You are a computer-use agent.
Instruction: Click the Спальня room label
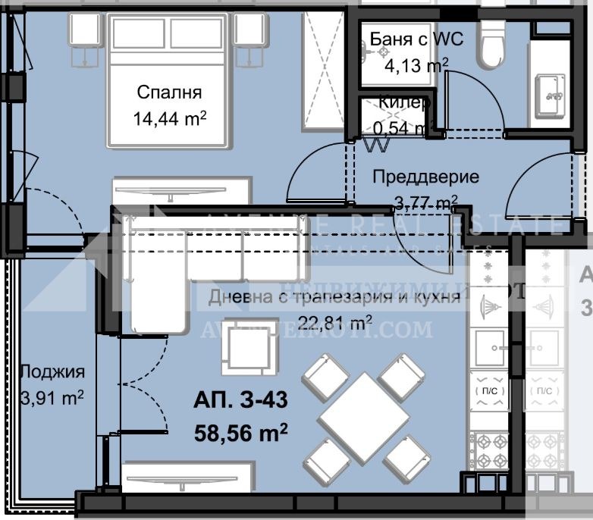tap(169, 92)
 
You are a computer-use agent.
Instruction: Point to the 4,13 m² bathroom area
tap(416, 66)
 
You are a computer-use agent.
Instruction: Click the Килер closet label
tap(406, 102)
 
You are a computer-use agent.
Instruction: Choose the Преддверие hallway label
tap(425, 177)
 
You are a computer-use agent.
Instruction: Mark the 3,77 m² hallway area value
tap(425, 202)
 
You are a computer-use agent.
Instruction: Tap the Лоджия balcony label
tap(52, 371)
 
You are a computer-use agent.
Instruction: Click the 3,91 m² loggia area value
tap(52, 397)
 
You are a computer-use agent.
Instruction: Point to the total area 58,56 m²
tap(242, 433)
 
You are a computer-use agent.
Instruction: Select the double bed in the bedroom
tap(169, 80)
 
